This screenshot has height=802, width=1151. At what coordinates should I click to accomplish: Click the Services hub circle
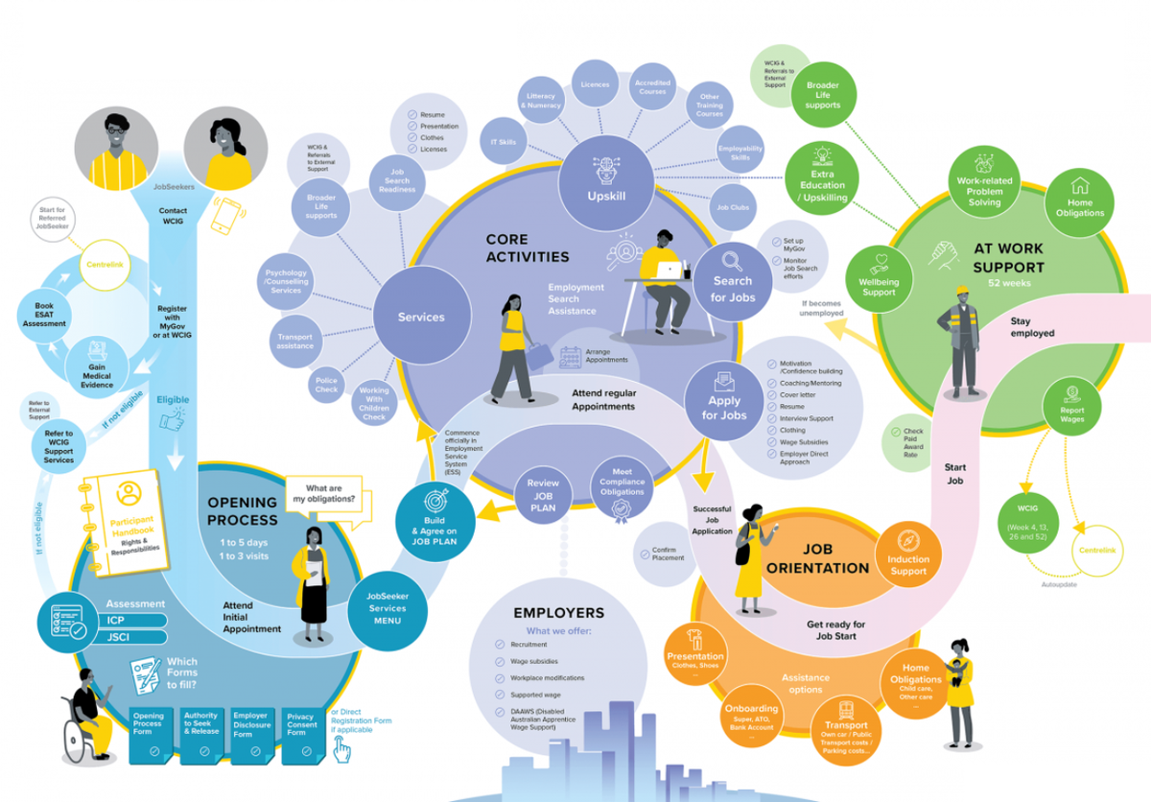(x=421, y=317)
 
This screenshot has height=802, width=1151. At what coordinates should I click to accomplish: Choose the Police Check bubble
(x=326, y=386)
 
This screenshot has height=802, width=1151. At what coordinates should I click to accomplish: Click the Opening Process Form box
(x=149, y=735)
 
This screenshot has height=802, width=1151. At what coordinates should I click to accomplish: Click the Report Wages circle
(x=1072, y=405)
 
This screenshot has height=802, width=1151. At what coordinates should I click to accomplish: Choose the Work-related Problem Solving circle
(x=984, y=182)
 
